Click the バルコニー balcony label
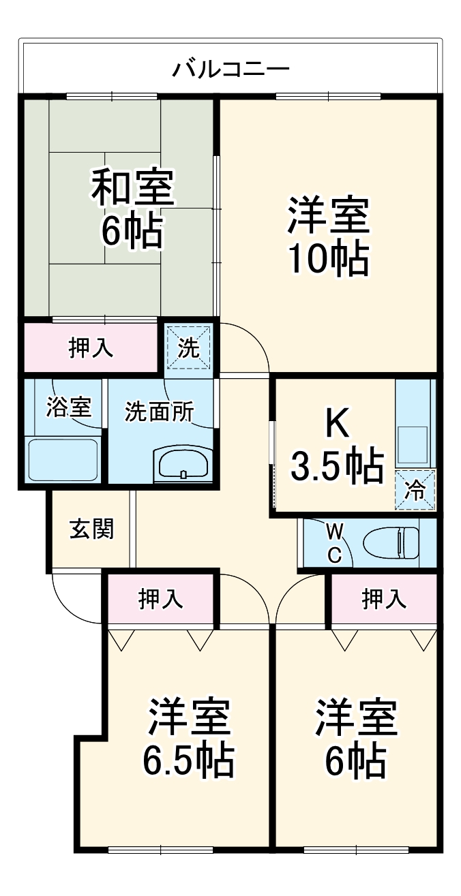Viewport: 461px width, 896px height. pos(230,69)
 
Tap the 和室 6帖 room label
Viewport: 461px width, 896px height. pos(133,208)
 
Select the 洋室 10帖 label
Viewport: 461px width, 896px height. pos(328,236)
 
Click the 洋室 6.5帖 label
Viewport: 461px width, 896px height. pos(189,737)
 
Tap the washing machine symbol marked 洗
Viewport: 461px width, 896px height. pos(189,347)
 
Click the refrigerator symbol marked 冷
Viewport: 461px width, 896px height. pos(415,489)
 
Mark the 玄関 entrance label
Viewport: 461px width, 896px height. pos(91,529)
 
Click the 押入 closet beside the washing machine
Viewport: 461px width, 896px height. pos(91,347)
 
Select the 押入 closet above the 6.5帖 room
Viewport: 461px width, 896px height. pos(161,599)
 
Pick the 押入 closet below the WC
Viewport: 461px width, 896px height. pos(383,599)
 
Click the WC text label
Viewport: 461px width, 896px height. pos(334,542)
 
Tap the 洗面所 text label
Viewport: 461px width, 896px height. pos(159,412)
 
